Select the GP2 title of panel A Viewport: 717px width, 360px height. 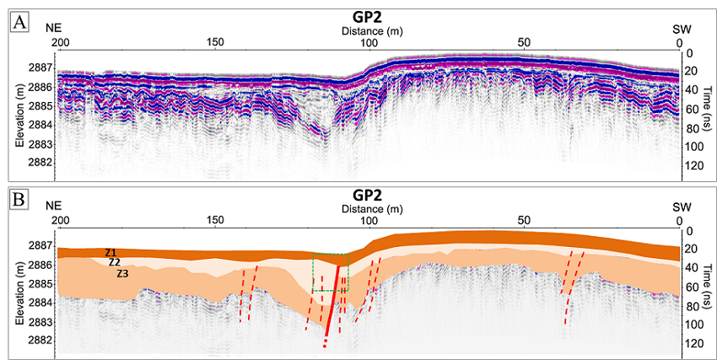[368, 16]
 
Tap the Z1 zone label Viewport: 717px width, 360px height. [111, 252]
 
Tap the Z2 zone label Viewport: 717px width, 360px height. [115, 262]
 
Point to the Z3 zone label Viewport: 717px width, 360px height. [122, 273]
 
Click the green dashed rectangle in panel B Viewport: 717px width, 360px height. [330, 272]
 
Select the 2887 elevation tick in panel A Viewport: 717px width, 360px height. [41, 68]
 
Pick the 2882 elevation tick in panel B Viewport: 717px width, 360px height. [41, 341]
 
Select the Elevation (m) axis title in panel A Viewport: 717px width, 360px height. [18, 116]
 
